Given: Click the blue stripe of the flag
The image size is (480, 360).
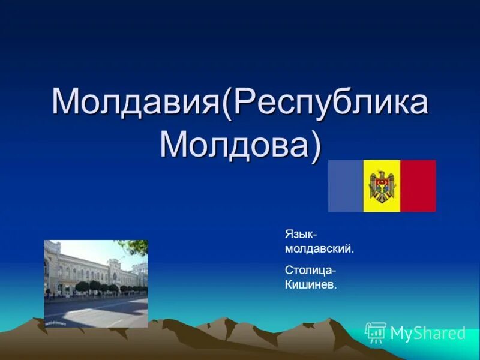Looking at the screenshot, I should click(346, 185).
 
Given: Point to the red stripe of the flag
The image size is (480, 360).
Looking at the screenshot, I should click(418, 185).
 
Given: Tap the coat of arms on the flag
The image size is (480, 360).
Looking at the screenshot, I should click(382, 186).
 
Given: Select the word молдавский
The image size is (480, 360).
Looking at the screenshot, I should click(319, 248).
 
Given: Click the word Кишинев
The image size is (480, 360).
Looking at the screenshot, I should click(310, 284).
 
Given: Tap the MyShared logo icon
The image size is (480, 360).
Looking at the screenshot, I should click(376, 332).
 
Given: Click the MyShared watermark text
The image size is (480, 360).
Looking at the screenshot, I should click(428, 333).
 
